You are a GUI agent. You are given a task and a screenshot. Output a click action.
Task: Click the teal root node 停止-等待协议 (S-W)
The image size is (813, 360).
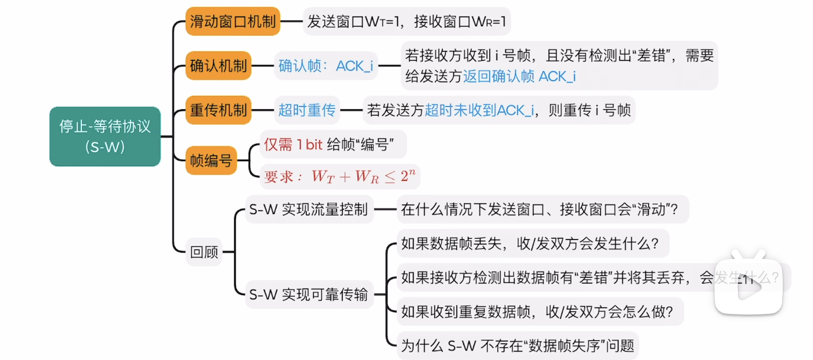click(x=105, y=136)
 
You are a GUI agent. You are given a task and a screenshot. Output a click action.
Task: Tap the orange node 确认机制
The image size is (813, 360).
click(x=218, y=66)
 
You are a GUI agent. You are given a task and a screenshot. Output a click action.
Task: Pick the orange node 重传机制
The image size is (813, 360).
click(x=218, y=110)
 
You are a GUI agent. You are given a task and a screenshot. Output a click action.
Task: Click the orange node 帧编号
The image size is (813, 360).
click(x=211, y=160)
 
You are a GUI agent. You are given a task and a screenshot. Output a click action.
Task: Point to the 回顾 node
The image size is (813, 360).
click(x=204, y=252)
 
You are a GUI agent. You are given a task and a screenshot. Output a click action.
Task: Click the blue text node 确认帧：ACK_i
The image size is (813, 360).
click(x=326, y=66)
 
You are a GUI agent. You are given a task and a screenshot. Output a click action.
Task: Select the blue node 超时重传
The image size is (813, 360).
click(x=307, y=110)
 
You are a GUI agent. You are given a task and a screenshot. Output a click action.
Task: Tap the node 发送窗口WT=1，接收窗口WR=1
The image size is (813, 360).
click(x=407, y=22)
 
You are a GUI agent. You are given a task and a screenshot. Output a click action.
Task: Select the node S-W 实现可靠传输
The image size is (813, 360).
click(x=309, y=294)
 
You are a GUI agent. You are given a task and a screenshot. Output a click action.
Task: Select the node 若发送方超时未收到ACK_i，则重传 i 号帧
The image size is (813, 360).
click(x=499, y=110)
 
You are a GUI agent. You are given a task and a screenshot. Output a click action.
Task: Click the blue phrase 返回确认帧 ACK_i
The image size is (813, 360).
click(x=519, y=76)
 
